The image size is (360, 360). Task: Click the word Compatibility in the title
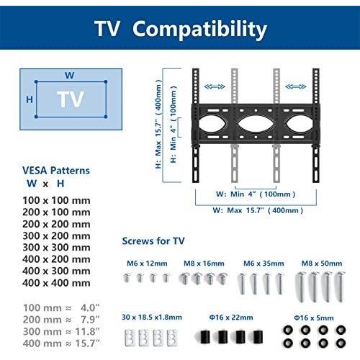click(199, 30)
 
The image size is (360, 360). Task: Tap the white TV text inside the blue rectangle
click(71, 99)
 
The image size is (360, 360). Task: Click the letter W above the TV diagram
click(70, 76)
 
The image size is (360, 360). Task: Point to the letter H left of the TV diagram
click(30, 99)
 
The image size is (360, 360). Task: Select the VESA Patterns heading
click(56, 171)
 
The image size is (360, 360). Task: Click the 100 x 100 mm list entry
click(56, 200)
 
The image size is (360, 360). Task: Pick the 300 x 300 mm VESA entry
click(56, 248)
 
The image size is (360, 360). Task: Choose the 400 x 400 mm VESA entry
click(56, 283)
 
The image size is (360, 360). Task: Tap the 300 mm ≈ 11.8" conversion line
click(61, 332)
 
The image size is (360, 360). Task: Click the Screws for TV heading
click(153, 241)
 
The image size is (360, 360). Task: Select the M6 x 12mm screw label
click(147, 264)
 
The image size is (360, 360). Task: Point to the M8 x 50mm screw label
click(322, 264)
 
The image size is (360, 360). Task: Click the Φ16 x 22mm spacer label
click(231, 318)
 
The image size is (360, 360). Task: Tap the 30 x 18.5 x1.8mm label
click(152, 318)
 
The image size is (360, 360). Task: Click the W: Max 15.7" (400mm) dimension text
click(258, 210)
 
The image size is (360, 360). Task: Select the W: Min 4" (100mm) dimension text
click(256, 194)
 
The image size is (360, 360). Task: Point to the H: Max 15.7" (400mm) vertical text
click(158, 124)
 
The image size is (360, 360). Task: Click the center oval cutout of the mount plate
click(256, 124)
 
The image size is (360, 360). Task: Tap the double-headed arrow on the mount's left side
click(215, 86)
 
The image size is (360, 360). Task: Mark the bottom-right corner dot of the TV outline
click(106, 117)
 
